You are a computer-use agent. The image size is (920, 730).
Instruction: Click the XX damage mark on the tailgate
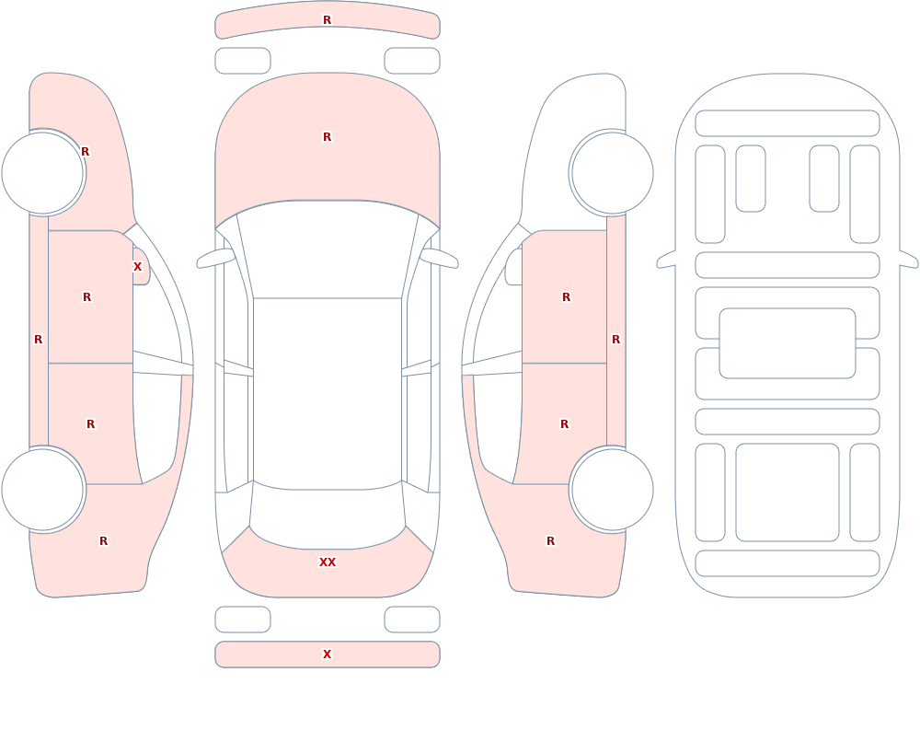click(x=328, y=562)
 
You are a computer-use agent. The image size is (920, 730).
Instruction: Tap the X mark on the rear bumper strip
click(x=328, y=655)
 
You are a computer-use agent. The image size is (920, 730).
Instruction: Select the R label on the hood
click(x=328, y=137)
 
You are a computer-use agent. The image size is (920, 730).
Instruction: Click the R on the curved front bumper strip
click(x=328, y=20)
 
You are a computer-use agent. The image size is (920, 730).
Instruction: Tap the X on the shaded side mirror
click(x=137, y=267)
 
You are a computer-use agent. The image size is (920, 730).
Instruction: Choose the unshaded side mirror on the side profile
click(x=514, y=267)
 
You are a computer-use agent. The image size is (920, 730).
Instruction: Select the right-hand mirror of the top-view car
click(x=439, y=258)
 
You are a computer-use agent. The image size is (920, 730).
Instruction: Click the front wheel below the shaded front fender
click(x=43, y=173)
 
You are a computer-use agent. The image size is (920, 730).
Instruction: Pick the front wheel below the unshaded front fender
click(x=612, y=173)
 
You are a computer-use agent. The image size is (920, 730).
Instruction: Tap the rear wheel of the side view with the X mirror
click(x=43, y=489)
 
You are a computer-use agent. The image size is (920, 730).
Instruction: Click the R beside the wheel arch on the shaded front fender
click(x=85, y=152)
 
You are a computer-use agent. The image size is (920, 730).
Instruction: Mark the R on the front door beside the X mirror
click(x=86, y=297)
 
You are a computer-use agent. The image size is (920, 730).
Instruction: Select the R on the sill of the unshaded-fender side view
click(x=616, y=340)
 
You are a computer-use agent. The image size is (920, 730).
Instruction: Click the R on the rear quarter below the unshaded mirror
click(x=550, y=541)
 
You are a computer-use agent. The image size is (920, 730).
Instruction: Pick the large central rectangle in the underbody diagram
click(x=788, y=343)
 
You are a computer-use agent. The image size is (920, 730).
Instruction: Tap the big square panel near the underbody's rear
click(x=788, y=492)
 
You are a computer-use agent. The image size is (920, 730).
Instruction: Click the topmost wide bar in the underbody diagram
click(x=788, y=123)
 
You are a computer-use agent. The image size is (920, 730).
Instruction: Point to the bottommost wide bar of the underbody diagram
click(x=788, y=563)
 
